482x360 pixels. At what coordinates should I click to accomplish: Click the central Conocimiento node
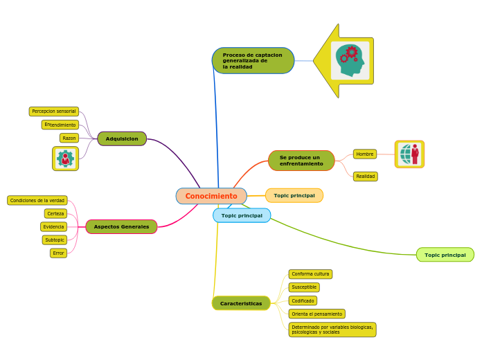coord(211,196)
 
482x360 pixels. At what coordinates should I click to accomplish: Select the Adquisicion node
coord(122,138)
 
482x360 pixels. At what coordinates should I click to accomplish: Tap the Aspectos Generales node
coord(121,226)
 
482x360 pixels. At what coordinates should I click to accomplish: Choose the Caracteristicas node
coord(241,303)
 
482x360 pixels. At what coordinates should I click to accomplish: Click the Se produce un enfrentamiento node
coord(301,161)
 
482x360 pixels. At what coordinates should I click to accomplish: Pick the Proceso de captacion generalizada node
coord(253,61)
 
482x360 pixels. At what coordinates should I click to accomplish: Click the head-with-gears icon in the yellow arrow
coord(350,61)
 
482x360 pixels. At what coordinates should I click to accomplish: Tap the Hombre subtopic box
coord(365,154)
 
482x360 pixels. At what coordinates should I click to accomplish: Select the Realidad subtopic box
coord(366,177)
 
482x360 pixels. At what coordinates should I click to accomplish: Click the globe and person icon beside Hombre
coord(409,154)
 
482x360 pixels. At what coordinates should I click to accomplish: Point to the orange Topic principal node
coord(294,195)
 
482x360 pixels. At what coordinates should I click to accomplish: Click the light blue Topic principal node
coord(242,215)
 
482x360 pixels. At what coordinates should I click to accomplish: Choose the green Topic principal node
coord(445,255)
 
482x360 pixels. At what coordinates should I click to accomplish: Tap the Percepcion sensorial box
coord(54,111)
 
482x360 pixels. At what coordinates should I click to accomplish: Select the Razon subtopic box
coord(69,138)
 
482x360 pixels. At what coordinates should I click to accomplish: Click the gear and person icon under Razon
coord(65,159)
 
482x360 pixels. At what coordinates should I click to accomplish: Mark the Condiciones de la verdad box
coord(37,200)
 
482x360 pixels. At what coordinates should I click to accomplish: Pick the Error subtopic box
coord(59,253)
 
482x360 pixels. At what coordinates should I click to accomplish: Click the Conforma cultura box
coord(310,274)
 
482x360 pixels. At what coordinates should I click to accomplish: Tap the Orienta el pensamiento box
coord(316,314)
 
